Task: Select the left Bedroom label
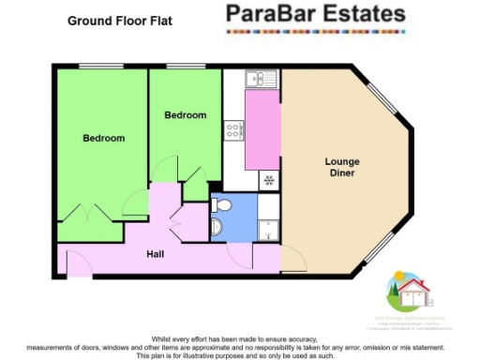click(x=103, y=139)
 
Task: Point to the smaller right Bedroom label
click(x=185, y=115)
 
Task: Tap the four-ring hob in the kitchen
click(x=233, y=130)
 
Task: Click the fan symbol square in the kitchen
click(x=269, y=179)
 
